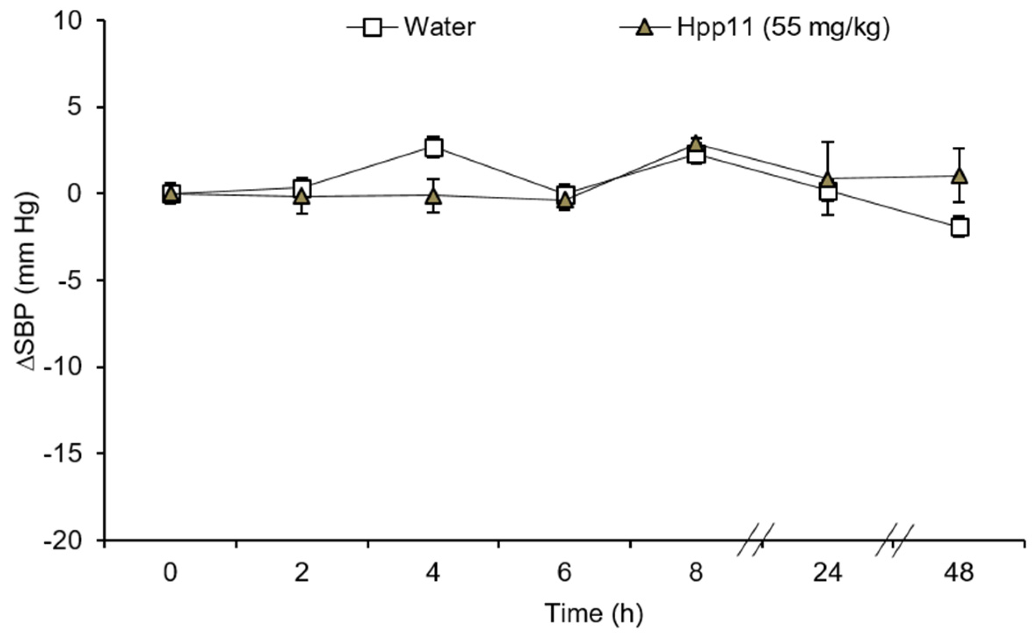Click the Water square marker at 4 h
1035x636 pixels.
[433, 147]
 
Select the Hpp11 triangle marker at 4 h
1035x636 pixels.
[433, 196]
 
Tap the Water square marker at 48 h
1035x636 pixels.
[960, 227]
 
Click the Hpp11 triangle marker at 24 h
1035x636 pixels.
[828, 180]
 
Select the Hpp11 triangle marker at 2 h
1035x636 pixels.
[302, 197]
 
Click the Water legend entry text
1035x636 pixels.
[440, 27]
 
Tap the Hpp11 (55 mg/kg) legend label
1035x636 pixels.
[783, 27]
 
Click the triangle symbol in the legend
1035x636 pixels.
[645, 29]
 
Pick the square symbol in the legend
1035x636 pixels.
[372, 28]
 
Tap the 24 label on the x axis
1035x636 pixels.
[827, 573]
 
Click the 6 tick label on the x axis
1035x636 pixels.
[564, 573]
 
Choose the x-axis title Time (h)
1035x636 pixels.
[594, 613]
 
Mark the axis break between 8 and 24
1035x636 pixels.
[756, 540]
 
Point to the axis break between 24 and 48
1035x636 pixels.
[894, 540]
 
